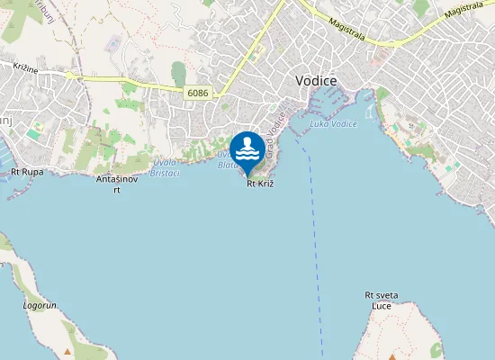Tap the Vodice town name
(317, 80)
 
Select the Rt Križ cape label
(259, 184)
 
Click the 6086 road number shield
(198, 92)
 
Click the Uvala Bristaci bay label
(165, 167)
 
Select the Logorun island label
(40, 305)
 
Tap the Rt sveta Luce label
(382, 300)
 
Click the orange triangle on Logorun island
(66, 352)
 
